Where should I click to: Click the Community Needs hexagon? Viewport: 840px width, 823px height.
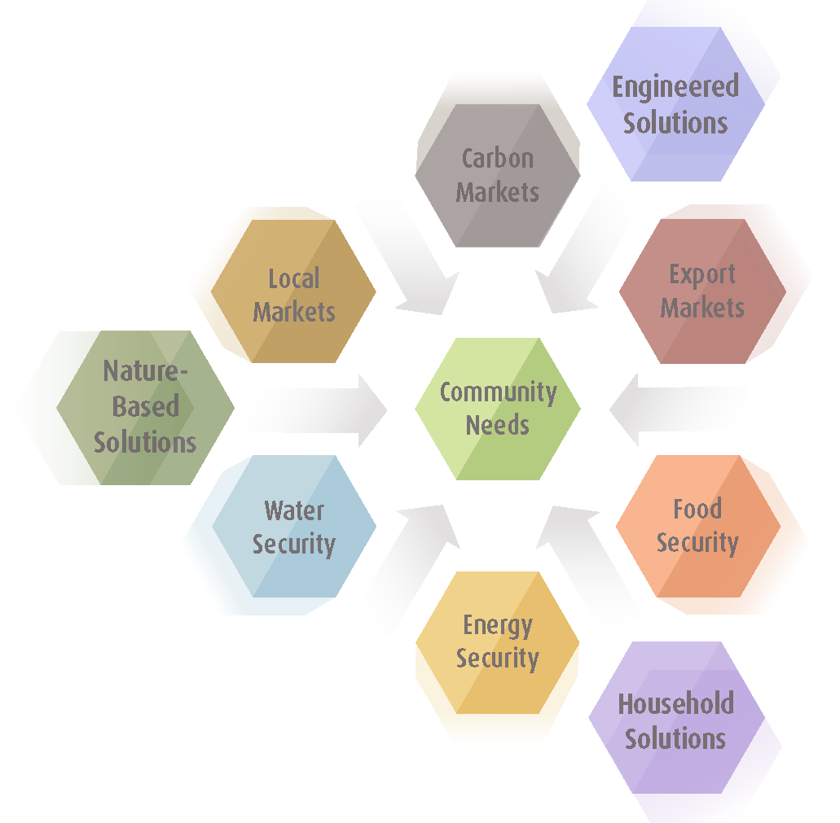498,409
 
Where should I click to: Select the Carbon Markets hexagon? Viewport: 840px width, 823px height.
498,176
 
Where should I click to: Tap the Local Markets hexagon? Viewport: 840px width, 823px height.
293,291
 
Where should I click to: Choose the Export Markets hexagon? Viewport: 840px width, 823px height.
702,291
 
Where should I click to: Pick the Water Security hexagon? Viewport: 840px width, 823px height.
294,526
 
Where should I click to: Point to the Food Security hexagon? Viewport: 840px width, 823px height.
698,526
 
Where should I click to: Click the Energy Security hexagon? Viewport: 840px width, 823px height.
498,642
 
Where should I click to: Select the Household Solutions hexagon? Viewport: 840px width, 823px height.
676,718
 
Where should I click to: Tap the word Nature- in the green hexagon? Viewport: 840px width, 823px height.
145,371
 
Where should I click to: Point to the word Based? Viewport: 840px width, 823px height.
145,406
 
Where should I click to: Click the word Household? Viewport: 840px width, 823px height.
676,703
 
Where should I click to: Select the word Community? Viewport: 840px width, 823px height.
498,392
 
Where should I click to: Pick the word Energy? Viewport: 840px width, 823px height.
498,625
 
